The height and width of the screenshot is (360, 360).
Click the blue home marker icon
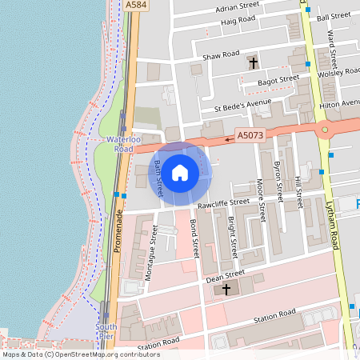point(180,172)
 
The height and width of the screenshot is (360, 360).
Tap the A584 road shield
point(136,5)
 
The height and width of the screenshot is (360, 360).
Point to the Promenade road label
point(118,232)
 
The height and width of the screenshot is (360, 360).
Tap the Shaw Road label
point(221,55)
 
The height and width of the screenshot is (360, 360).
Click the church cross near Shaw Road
point(254,62)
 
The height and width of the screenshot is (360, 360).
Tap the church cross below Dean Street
point(226,288)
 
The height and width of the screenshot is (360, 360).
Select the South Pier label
point(106,331)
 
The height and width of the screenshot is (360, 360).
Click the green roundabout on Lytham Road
point(324,129)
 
